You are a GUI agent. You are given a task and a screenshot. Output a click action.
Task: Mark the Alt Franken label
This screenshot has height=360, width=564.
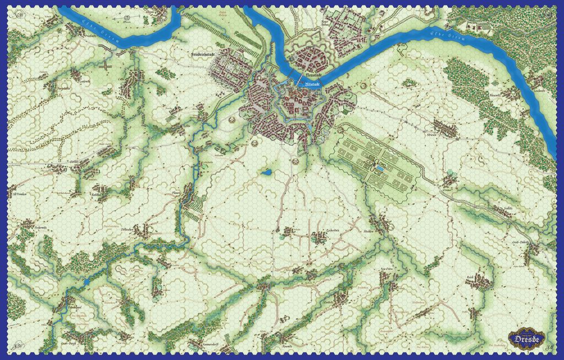[18, 194]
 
